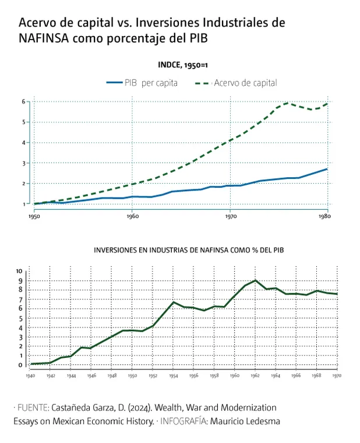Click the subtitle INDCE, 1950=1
183,65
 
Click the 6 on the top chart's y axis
24,101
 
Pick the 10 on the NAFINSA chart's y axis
19,271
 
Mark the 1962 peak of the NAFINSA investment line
255,280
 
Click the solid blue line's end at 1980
327,169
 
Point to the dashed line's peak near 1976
287,103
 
